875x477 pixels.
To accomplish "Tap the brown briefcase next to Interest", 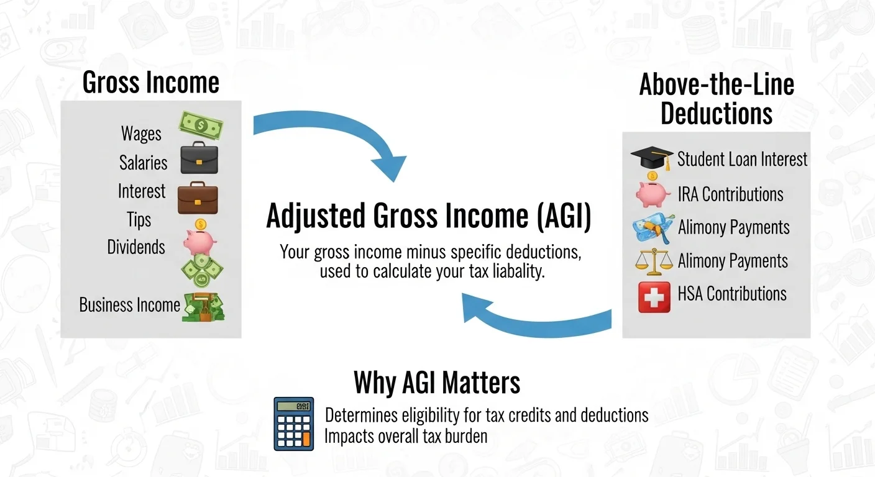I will pos(198,199).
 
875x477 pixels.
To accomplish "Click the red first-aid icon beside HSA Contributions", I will pos(654,296).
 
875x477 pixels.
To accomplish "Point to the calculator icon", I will pos(294,424).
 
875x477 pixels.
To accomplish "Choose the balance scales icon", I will pos(654,261).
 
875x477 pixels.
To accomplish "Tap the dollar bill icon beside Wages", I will pos(201,125).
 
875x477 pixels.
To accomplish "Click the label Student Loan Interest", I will pos(742,159).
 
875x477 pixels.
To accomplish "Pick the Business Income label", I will pos(129,305).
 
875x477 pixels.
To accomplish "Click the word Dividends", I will pos(136,247).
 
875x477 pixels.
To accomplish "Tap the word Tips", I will pos(139,219).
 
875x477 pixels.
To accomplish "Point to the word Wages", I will pos(141,134).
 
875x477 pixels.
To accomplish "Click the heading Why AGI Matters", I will pos(437,383).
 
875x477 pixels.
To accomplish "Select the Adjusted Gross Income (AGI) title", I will pos(429,216).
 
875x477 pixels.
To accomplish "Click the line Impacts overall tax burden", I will pos(406,436).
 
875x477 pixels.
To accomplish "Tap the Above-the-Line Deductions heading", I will pos(717,99).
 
